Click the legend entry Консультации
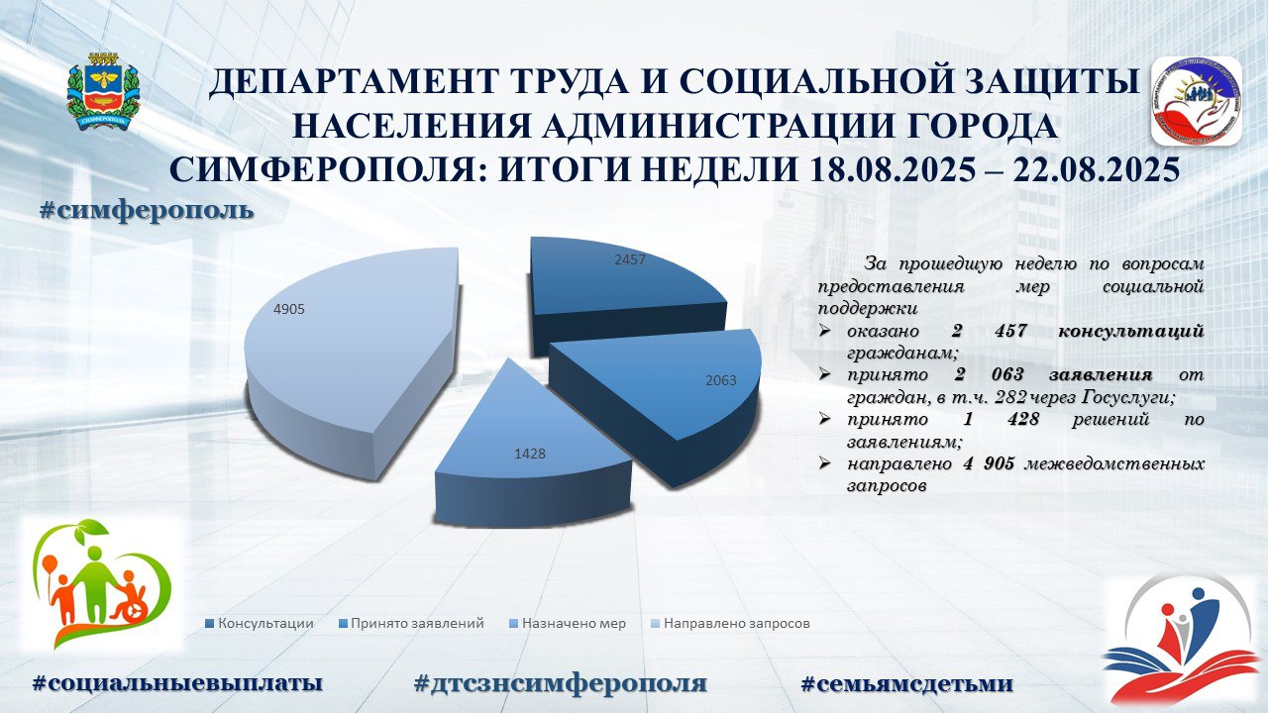coord(260,624)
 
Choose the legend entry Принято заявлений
coord(411,624)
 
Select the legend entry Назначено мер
coord(568,624)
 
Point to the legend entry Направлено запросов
coord(731,624)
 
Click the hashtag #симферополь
coord(147,211)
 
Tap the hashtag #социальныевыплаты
coord(177,683)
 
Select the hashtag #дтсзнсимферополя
coord(561,683)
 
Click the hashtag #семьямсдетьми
coord(907,683)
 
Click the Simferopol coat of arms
coord(103,90)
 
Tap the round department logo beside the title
coord(1197,101)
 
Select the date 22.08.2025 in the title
coord(1097,169)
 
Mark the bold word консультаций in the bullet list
coord(1130,332)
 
